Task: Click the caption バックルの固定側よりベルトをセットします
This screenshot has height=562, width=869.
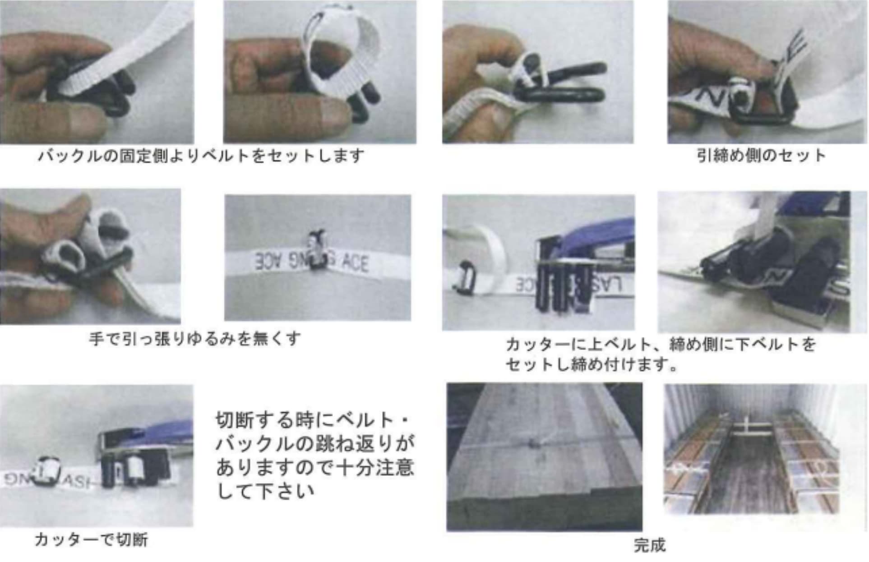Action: pyautogui.click(x=201, y=156)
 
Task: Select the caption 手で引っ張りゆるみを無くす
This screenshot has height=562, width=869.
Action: pyautogui.click(x=194, y=338)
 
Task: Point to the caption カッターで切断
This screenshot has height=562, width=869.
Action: pyautogui.click(x=91, y=539)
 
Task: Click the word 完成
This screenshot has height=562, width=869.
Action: pyautogui.click(x=649, y=545)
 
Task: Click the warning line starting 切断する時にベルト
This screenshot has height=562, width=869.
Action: pyautogui.click(x=311, y=420)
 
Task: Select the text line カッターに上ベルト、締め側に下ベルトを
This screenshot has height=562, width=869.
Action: pyautogui.click(x=661, y=344)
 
